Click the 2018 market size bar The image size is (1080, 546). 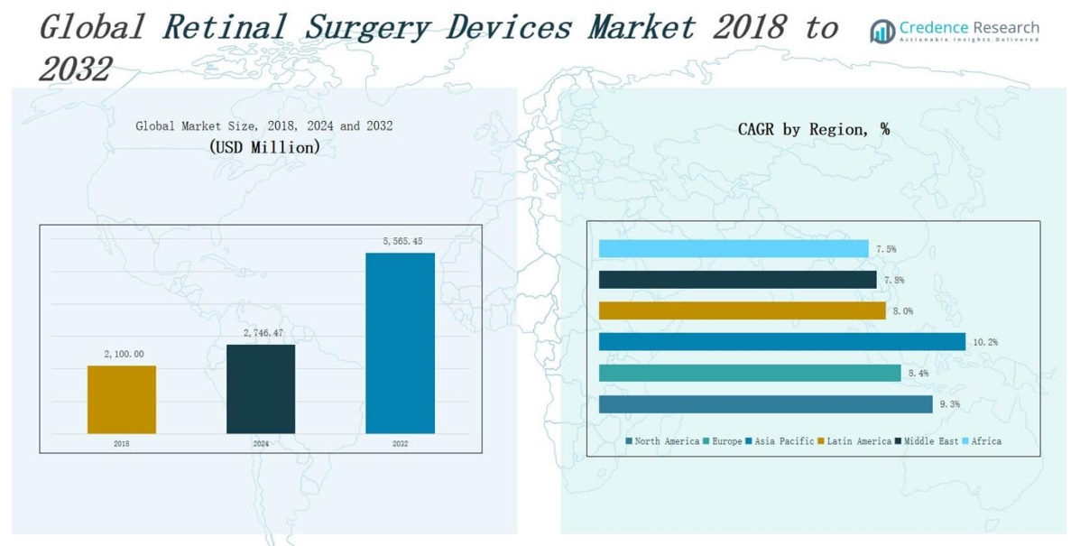122,399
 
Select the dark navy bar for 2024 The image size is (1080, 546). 261,388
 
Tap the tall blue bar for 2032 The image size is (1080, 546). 400,343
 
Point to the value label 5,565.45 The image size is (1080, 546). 401,241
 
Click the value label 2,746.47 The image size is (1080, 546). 263,333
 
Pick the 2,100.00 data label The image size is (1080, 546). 124,354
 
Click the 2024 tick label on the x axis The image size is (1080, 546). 261,444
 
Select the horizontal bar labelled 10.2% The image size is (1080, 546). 781,341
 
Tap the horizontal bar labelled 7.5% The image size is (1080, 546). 733,249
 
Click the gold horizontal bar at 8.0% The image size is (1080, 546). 742,310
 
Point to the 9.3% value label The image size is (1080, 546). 949,404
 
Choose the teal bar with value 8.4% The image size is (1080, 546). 749,373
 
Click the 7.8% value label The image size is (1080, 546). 893,281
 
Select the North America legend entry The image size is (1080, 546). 662,441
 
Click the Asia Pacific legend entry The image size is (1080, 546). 780,441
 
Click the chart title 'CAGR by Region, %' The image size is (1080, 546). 813,130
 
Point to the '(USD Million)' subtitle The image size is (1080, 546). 264,147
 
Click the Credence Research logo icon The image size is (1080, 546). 882,32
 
